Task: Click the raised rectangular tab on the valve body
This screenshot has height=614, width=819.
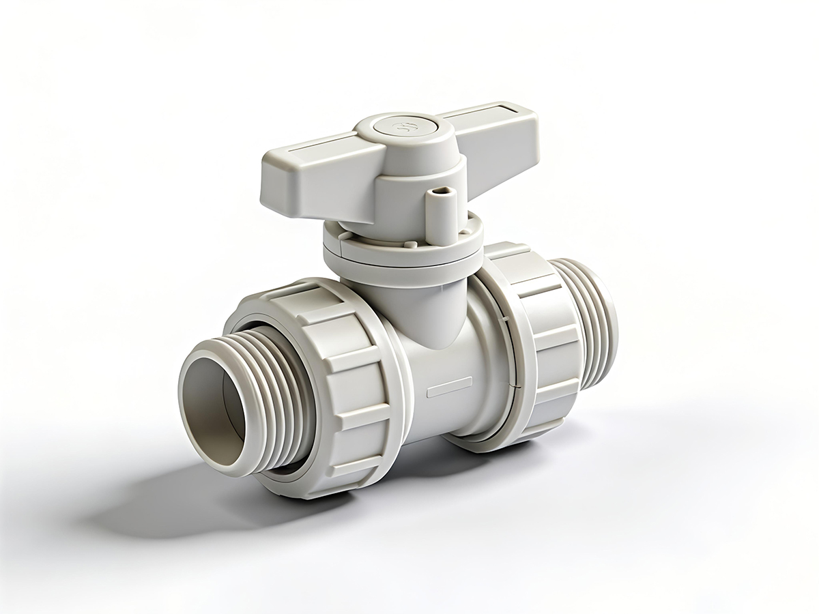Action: (x=448, y=387)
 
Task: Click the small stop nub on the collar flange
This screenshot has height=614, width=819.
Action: (x=409, y=243)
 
